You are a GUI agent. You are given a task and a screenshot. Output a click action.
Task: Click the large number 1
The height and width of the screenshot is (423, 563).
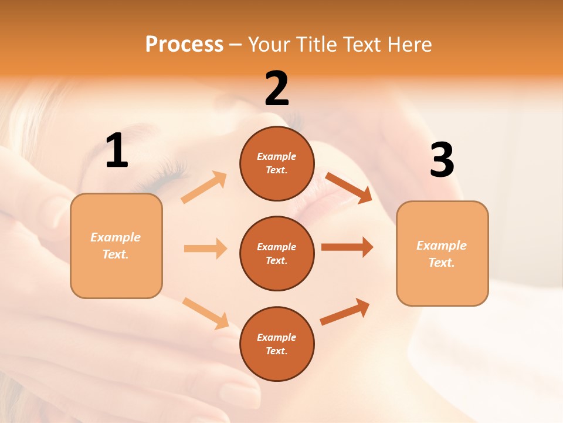(x=117, y=151)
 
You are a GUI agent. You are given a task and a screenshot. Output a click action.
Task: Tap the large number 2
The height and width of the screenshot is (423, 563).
(x=277, y=89)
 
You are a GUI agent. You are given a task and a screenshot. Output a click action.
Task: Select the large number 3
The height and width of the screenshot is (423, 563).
(x=442, y=160)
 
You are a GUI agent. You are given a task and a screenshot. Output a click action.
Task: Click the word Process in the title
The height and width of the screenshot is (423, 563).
(x=184, y=44)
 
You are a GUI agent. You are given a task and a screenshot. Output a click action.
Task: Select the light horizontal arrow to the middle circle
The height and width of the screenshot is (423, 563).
(x=205, y=249)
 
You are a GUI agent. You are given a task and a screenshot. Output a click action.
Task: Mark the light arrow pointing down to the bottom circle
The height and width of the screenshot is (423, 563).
(x=205, y=313)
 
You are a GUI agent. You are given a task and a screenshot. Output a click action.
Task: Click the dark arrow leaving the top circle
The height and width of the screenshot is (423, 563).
(x=348, y=187)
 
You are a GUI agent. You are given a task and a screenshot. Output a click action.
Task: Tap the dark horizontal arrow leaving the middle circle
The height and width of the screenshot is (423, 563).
(x=347, y=247)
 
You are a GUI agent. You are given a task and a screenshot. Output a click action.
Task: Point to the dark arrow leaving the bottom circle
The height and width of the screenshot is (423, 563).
(x=345, y=312)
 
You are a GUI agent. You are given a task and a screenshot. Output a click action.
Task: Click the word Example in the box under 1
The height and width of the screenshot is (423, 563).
(x=116, y=237)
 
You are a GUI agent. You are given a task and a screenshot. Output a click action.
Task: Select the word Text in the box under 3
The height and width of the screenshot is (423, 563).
(x=441, y=263)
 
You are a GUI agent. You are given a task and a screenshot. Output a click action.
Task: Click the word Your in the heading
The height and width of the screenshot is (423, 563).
(x=268, y=44)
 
